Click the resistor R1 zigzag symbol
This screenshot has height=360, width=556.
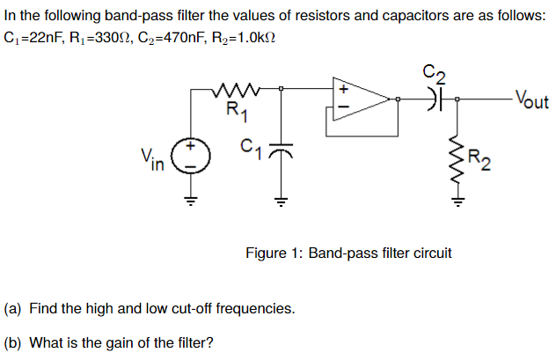click(236, 90)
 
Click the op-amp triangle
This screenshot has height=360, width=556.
click(361, 99)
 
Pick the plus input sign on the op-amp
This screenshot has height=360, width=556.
click(344, 90)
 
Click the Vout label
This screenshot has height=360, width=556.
click(530, 99)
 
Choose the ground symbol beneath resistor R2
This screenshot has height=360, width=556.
click(457, 202)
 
